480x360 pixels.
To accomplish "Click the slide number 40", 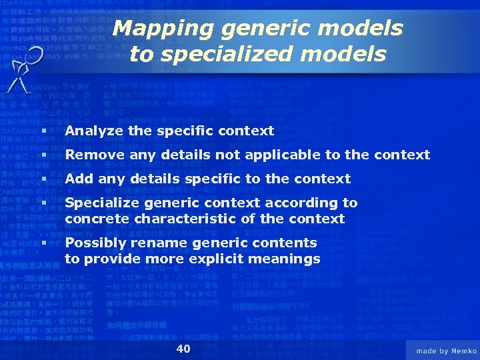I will click(183, 349).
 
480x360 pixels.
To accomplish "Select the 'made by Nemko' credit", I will click(446, 351).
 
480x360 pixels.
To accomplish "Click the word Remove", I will click(92, 155).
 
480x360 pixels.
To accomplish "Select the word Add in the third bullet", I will click(78, 179).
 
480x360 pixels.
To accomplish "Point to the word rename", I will click(156, 243).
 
